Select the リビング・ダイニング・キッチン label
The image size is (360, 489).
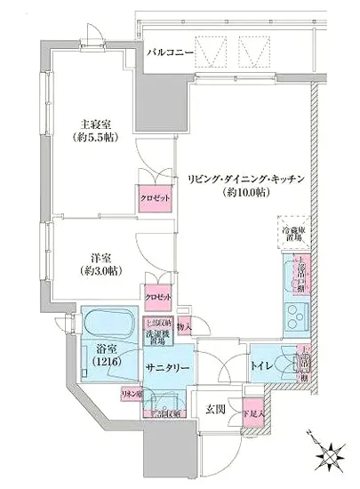[x=247, y=180]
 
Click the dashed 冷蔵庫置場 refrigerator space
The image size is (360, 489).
[x=292, y=232]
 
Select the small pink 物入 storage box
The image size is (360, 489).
[x=184, y=327]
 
